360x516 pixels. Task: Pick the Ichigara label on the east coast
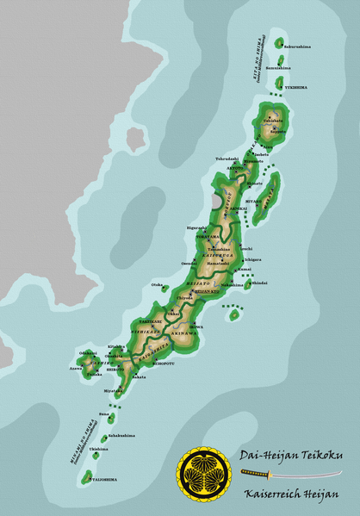click(252, 259)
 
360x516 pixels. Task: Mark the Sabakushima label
click(122, 435)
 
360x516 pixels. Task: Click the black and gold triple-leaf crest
click(204, 475)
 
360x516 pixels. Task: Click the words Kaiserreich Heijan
click(289, 494)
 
